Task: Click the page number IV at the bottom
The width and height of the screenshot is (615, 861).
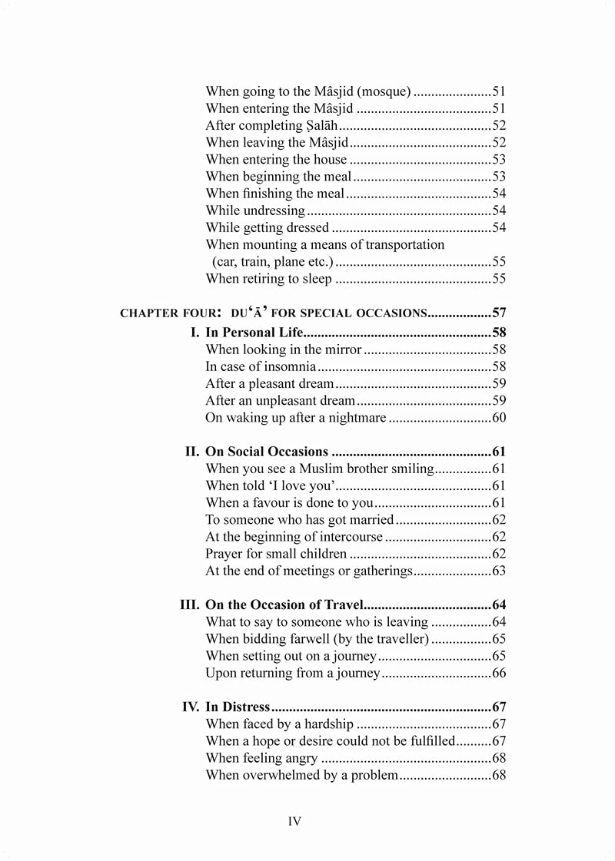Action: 294,821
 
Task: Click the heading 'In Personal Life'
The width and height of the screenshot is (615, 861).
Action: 254,333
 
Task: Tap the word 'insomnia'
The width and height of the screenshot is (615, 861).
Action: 289,366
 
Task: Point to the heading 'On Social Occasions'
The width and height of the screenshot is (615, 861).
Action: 267,452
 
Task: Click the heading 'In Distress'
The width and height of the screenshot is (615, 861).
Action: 238,707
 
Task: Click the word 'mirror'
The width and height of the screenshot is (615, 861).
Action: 342,349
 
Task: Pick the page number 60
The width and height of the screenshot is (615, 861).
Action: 499,418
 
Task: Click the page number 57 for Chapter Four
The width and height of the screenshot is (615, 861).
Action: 499,313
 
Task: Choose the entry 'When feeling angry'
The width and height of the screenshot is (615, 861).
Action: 261,758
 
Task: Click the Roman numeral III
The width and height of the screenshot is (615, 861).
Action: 189,605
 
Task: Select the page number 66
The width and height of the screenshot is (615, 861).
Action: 499,673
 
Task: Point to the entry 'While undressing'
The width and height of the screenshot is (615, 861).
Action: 255,210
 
